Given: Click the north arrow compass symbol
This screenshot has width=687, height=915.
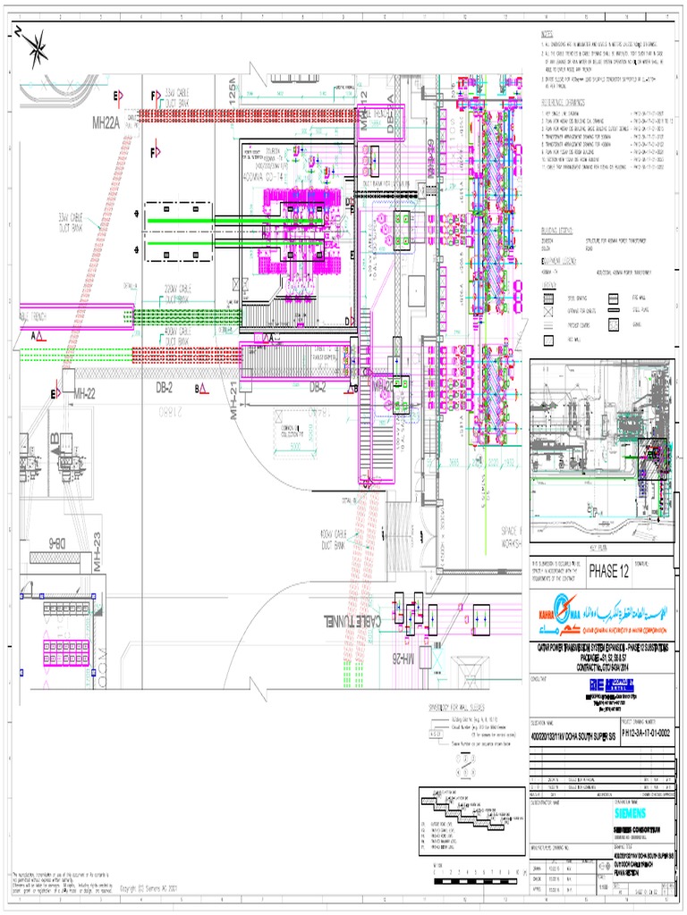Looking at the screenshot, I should coord(37,48).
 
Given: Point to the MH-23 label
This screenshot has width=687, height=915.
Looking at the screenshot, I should coord(96,546).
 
